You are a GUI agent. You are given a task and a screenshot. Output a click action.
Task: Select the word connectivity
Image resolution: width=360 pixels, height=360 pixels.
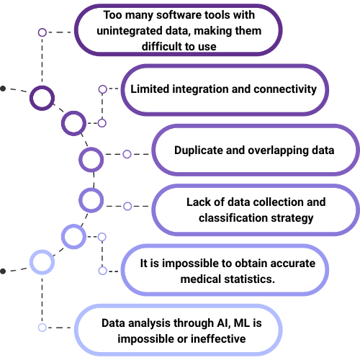tap(285, 89)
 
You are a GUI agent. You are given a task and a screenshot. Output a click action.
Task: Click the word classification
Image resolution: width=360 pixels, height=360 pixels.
tap(233, 218)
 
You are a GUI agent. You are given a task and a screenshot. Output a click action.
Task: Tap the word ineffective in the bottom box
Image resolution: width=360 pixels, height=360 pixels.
tap(218, 339)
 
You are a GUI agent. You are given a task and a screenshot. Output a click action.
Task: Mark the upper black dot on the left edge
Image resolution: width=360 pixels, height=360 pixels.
tap(3, 89)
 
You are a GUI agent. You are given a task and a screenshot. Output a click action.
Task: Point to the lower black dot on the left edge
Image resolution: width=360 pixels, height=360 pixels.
tap(3, 271)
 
